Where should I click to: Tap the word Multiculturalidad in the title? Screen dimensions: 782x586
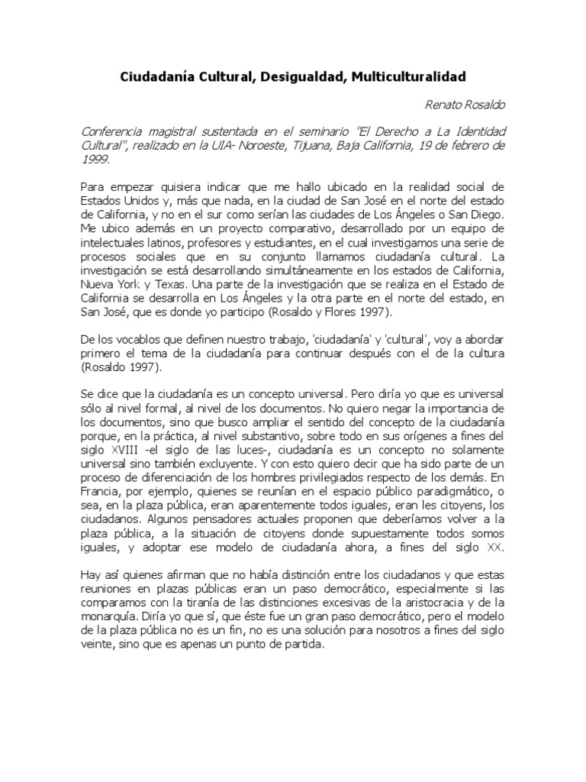click(409, 77)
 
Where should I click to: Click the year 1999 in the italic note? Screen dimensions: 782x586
click(95, 160)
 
